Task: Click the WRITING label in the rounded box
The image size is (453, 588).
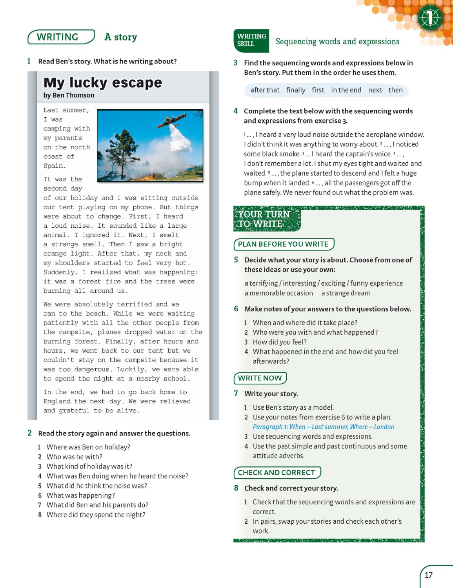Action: [x=58, y=37]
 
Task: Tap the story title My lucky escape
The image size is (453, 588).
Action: [x=103, y=83]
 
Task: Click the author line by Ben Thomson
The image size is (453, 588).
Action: [x=69, y=95]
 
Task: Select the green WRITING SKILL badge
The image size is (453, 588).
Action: [x=251, y=40]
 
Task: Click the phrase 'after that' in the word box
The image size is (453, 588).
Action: [x=265, y=90]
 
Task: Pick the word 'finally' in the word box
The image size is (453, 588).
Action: [x=296, y=90]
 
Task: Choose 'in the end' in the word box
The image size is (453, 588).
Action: [x=346, y=90]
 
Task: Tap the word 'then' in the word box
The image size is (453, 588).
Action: [x=395, y=90]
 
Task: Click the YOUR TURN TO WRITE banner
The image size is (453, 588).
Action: [x=264, y=219]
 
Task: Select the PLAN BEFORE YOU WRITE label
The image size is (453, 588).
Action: [x=283, y=244]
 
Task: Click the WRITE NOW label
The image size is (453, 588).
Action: [x=260, y=378]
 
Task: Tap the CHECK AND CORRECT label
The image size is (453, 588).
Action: [x=277, y=473]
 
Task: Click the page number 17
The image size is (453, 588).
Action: [x=429, y=575]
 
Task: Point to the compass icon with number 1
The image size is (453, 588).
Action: [x=430, y=18]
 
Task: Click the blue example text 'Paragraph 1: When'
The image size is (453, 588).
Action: [x=279, y=427]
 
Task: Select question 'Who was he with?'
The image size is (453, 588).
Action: [x=75, y=457]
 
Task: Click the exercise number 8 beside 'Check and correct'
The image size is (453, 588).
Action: [x=236, y=488]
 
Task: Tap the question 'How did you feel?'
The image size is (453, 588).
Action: [x=280, y=342]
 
